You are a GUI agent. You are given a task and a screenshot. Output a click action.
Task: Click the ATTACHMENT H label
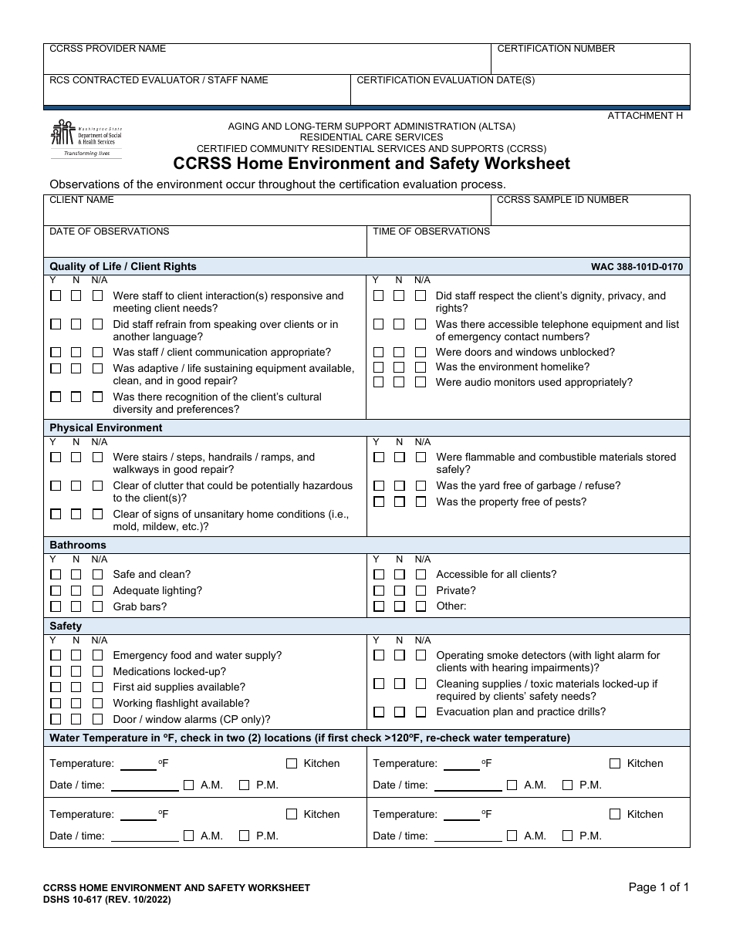coord(645,116)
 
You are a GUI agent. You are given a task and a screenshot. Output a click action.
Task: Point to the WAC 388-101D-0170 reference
coord(637,267)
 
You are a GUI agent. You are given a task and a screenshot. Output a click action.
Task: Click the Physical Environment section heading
coord(106,427)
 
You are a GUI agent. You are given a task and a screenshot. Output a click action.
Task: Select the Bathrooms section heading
coord(78,545)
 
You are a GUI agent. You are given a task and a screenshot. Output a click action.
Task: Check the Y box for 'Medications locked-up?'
coord(56,671)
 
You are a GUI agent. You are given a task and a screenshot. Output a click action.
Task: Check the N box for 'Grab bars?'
coord(76,606)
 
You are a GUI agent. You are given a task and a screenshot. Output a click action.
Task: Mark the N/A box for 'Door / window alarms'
coord(97,719)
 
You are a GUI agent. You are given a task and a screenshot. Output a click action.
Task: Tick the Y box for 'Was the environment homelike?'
coord(379,367)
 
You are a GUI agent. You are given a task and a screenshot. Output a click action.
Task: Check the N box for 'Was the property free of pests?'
coord(400,502)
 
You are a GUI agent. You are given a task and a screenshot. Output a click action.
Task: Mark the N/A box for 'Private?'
coord(421,590)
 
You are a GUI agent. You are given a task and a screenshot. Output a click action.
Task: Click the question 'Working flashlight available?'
coord(181,703)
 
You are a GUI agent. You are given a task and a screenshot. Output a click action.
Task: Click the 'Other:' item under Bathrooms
coord(451,606)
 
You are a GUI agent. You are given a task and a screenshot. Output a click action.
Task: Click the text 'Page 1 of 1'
coord(659,887)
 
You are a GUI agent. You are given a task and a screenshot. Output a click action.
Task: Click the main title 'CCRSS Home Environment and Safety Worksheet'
coord(371,164)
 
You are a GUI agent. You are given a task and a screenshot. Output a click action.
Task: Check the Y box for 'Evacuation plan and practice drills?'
coord(379,712)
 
